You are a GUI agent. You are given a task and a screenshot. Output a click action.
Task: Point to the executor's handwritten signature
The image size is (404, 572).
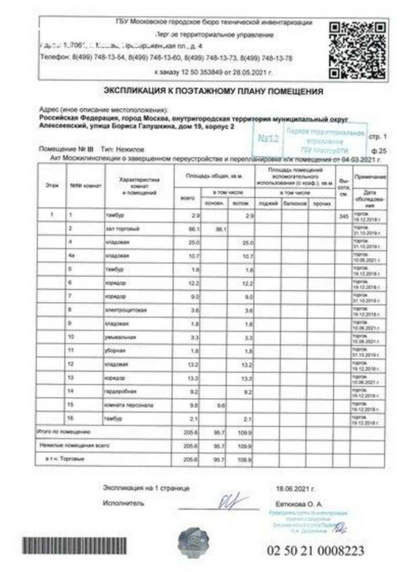point(232,500)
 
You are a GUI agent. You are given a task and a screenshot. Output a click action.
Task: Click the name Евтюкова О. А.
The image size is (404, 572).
point(298,504)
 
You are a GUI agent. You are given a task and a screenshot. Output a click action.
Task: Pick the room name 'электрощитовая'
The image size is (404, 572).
point(125,310)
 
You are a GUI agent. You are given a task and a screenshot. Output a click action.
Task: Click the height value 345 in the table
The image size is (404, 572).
point(342,216)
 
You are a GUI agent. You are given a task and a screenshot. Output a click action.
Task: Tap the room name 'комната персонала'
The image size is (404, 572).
point(129,405)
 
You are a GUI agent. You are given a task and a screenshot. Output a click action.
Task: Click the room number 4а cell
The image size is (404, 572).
point(73,256)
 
